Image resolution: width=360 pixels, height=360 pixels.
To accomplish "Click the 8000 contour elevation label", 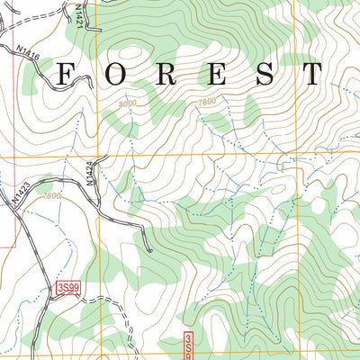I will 127,104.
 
